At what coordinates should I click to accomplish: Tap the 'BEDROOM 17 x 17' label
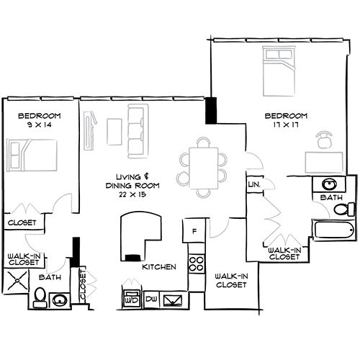(286, 120)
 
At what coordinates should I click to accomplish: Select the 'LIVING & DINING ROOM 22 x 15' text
(137, 181)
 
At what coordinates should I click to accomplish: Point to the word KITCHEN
(159, 267)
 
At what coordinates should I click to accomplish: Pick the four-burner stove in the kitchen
(194, 260)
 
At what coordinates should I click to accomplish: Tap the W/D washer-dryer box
(132, 297)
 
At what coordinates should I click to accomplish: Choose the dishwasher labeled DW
(151, 298)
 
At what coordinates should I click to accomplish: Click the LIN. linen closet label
(254, 186)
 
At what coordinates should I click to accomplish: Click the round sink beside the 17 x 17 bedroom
(330, 184)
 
